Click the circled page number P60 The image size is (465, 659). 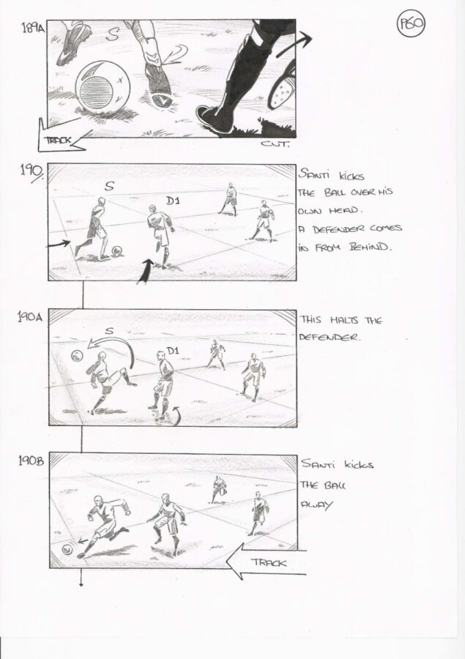pos(411,24)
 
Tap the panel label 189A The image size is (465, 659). pos(32,29)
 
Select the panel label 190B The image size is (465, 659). pos(31,461)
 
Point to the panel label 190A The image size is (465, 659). pos(30,317)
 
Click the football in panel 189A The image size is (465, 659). pos(103,86)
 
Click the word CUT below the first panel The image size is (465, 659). pos(275,144)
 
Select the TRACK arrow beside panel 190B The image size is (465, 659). pos(266,562)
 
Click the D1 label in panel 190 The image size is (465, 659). pos(173,201)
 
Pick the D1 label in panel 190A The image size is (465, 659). pos(172,351)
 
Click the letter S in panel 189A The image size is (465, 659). pos(112,34)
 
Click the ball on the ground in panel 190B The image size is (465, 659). pos(67,549)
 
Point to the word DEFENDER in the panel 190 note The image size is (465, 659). pos(339,229)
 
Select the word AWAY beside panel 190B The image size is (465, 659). pos(316,505)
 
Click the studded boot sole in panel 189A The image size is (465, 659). pos(280,89)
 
